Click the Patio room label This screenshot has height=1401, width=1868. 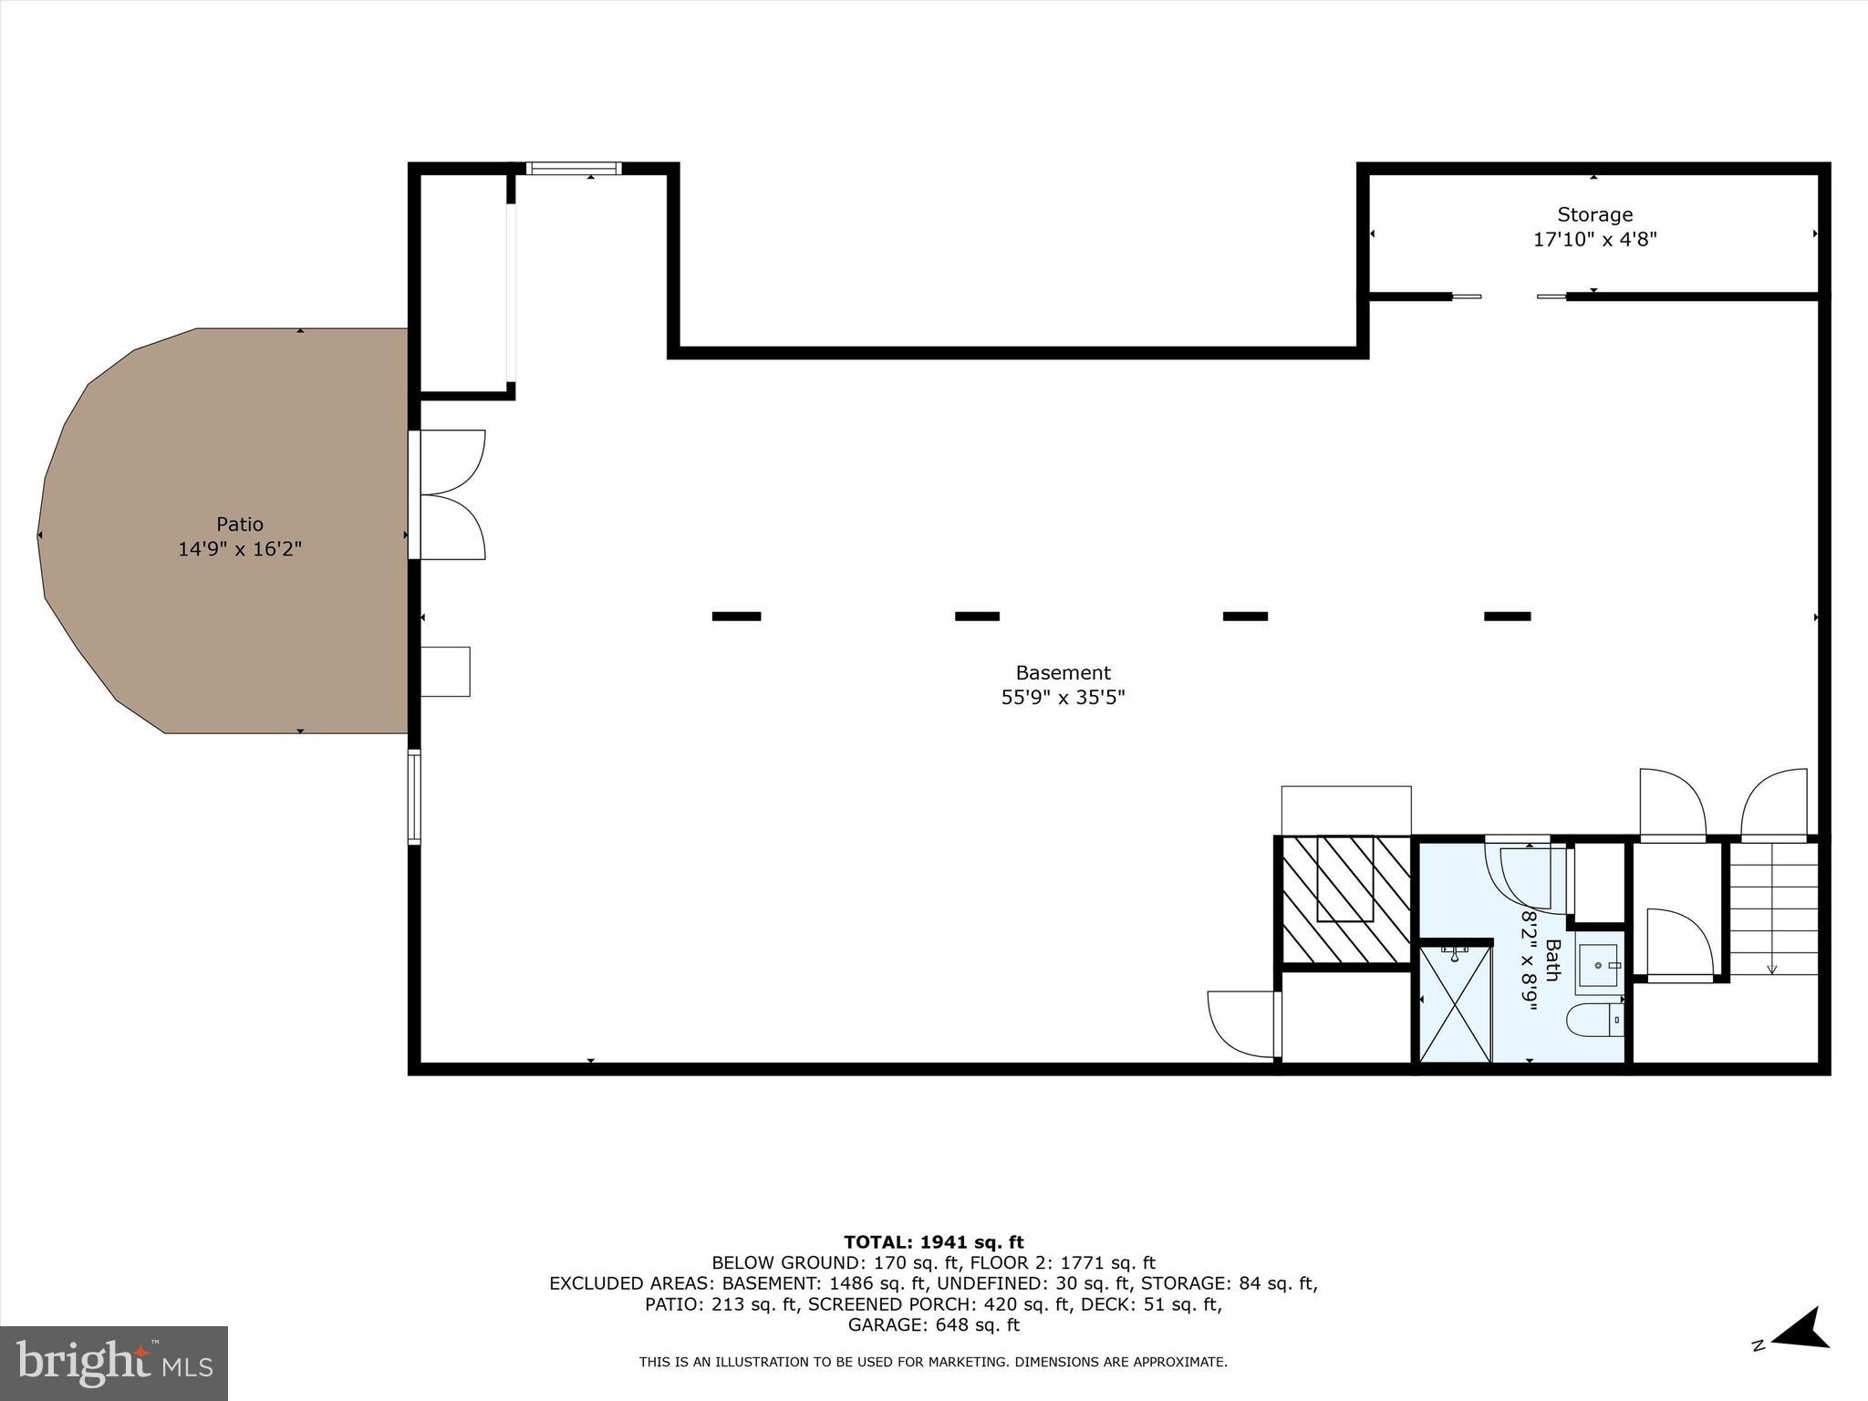(x=240, y=524)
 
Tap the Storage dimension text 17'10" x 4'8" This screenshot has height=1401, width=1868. (x=1594, y=240)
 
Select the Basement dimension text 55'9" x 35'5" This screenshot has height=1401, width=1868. (x=1063, y=698)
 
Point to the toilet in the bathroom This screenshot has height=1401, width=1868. (x=1595, y=1021)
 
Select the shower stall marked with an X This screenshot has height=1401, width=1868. (x=1455, y=1004)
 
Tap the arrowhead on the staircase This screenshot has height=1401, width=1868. (x=1771, y=969)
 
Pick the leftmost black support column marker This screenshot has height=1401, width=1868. (x=736, y=617)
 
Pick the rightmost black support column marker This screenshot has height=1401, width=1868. (x=1507, y=617)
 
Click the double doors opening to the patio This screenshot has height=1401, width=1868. (x=449, y=494)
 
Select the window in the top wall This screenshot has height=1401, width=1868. (x=574, y=169)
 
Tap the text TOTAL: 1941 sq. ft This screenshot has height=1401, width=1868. (x=933, y=1242)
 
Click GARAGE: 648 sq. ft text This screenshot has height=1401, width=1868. (x=933, y=1325)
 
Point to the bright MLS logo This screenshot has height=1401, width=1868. (x=114, y=1364)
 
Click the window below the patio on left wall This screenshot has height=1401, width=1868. (x=414, y=797)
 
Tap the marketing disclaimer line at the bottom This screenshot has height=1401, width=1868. (x=933, y=1363)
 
